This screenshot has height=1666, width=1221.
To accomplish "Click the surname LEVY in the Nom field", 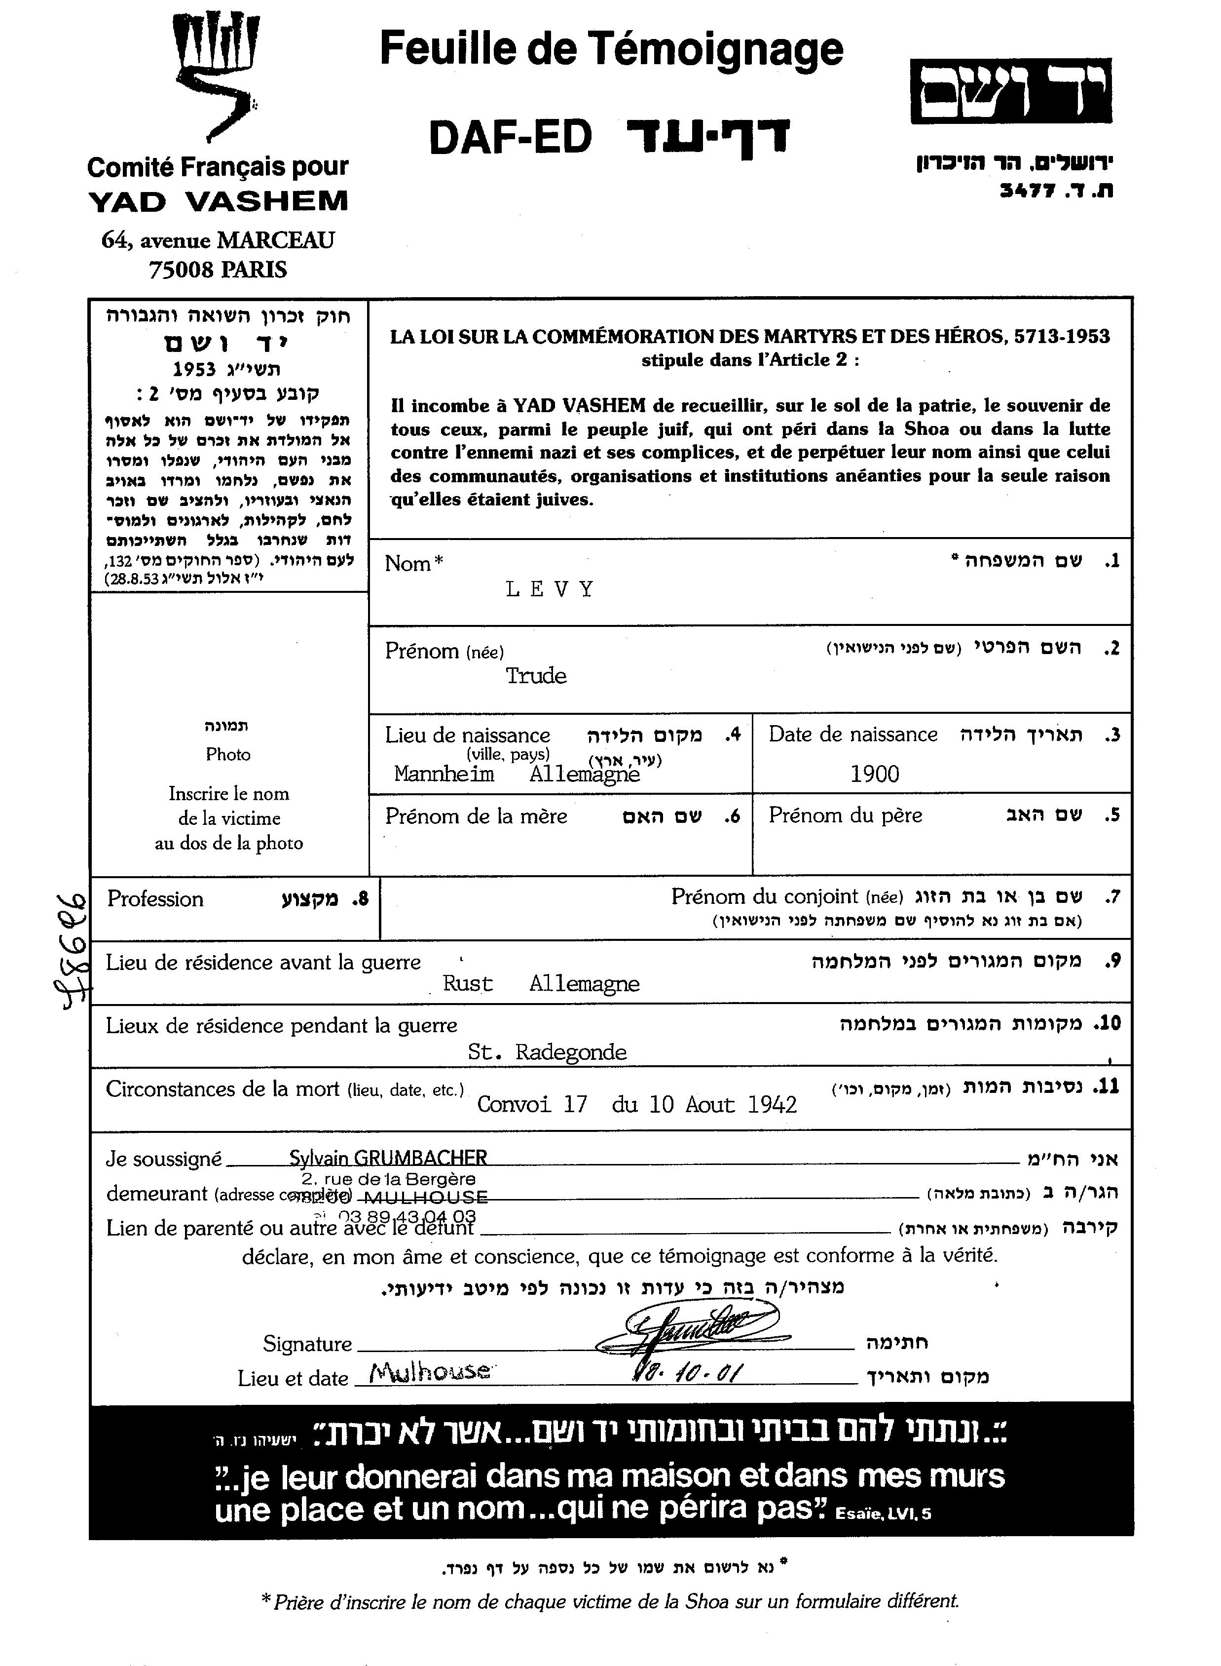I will click(550, 589).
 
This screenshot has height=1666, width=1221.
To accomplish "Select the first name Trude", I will click(536, 676).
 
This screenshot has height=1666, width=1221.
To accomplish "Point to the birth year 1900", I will click(874, 774).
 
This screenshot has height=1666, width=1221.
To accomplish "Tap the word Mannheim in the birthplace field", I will click(444, 774).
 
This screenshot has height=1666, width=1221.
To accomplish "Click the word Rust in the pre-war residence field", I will click(467, 983).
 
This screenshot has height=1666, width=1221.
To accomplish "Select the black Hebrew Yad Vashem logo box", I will click(1010, 91).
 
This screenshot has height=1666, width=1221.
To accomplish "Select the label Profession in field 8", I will click(155, 899).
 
